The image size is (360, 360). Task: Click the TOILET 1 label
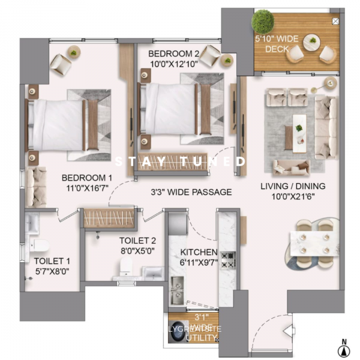tap(52, 266)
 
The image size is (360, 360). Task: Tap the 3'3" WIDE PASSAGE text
tap(191, 192)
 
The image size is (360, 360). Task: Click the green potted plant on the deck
tap(262, 22)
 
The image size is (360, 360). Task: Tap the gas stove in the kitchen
tap(228, 259)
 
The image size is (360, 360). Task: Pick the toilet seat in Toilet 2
tap(126, 268)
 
